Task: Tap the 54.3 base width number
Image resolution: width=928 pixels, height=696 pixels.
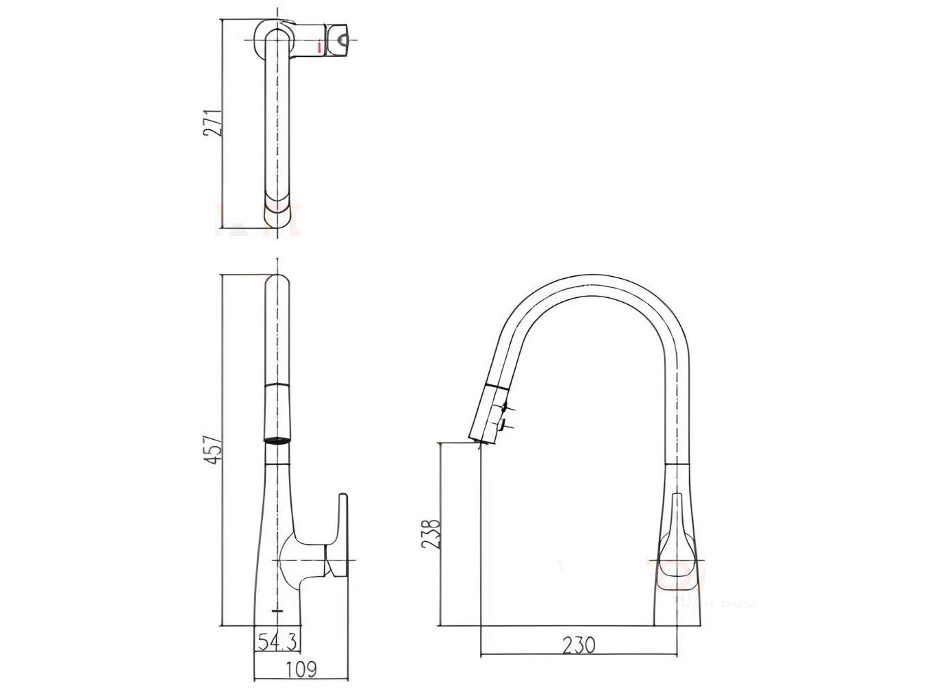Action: (277, 642)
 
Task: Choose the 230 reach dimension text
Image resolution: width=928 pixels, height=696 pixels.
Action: (579, 645)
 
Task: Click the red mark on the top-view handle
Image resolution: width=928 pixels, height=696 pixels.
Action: (320, 47)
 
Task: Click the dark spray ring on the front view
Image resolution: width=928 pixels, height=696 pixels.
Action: (277, 441)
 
